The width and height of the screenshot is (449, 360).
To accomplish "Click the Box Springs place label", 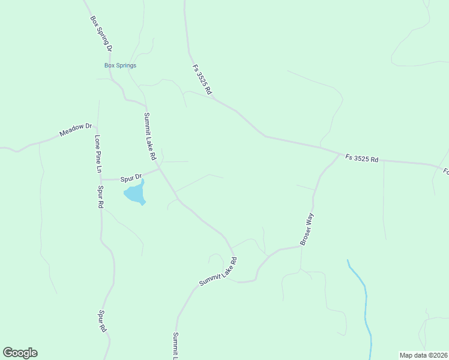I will (120, 65).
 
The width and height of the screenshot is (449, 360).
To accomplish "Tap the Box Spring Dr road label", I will (101, 34).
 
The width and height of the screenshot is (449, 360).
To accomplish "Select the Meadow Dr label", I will (75, 130).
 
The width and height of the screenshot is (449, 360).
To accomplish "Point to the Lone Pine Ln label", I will (98, 154).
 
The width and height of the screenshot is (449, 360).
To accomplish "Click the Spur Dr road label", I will (130, 178).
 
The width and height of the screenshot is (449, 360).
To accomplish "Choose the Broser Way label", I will (307, 229).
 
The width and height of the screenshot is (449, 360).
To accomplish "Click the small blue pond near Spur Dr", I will (135, 194).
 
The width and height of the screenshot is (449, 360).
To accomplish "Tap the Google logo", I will (20, 353).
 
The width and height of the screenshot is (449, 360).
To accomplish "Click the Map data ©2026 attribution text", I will (423, 355).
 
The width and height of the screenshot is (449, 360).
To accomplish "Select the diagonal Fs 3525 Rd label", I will (202, 80).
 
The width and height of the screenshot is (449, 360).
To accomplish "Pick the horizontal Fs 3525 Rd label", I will (362, 159).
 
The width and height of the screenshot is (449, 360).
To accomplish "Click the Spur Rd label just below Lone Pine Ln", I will (100, 197).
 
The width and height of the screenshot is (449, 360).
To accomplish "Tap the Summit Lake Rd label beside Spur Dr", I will (149, 136).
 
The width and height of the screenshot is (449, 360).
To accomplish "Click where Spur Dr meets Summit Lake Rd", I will (160, 169).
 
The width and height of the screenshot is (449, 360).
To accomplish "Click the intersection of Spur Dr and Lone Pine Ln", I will (101, 179).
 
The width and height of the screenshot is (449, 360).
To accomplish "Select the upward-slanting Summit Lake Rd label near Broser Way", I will (218, 272).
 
